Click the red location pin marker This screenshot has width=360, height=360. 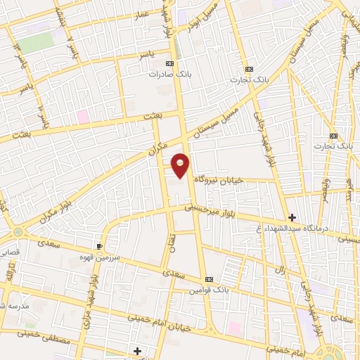[181, 165]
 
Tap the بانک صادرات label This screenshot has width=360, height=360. [169, 73]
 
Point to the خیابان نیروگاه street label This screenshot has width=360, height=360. [219, 181]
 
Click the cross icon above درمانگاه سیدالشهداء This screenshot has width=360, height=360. [292, 217]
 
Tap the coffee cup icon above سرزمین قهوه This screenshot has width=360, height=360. [100, 246]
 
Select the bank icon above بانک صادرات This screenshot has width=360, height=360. [169, 63]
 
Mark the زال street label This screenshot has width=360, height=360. [279, 270]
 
